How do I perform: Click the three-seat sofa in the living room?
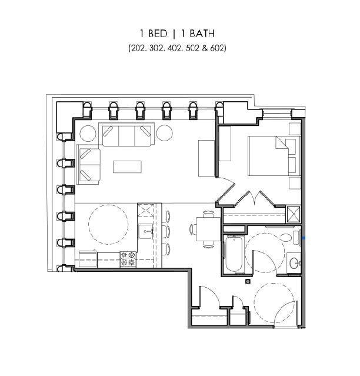coord(128,136)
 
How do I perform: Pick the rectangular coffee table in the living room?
coord(127,167)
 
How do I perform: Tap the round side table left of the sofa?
coord(88,133)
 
